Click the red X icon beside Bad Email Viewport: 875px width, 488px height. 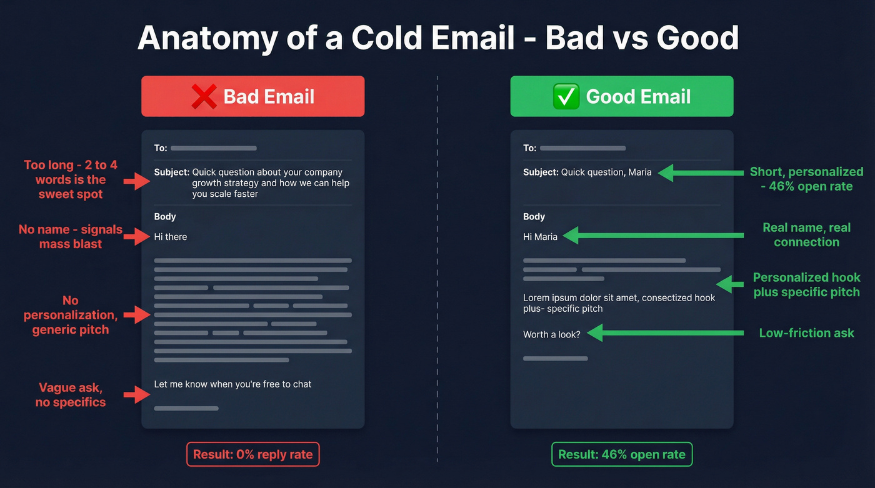(205, 97)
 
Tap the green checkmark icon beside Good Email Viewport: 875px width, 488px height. (566, 97)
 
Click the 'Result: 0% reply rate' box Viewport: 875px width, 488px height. (252, 454)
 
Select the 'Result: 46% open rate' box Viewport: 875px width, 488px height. (622, 454)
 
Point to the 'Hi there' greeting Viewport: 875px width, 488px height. (171, 237)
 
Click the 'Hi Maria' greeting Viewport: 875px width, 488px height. (540, 237)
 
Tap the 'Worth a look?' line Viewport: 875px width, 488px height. (552, 334)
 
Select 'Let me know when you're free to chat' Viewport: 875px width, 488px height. (232, 384)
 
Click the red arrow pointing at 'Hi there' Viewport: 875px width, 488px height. (137, 237)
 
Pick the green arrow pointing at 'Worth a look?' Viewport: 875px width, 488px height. (662, 333)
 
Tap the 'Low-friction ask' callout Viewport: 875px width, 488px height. (806, 333)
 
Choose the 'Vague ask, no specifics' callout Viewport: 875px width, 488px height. (71, 395)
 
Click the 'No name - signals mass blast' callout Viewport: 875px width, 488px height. (71, 237)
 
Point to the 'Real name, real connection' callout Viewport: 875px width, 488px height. (806, 235)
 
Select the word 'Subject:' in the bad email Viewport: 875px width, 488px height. (172, 172)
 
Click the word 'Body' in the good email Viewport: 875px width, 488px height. (534, 217)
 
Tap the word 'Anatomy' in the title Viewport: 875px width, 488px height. (207, 39)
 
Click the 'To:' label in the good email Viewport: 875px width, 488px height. (529, 148)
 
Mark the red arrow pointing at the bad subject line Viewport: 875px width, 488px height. (137, 181)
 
